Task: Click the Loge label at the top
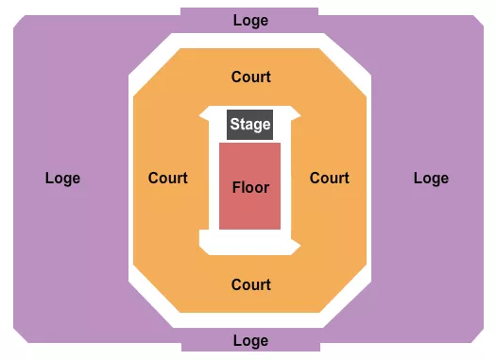(250, 20)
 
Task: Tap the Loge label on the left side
(62, 178)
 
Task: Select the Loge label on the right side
(431, 178)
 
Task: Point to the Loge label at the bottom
(250, 341)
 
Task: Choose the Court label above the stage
(250, 77)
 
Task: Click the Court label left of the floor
(168, 178)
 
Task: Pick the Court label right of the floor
(330, 178)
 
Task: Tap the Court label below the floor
(250, 284)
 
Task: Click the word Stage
(250, 124)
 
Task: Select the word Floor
(250, 187)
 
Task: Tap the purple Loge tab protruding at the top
(208, 17)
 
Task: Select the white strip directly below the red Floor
(250, 242)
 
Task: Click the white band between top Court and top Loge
(250, 41)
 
